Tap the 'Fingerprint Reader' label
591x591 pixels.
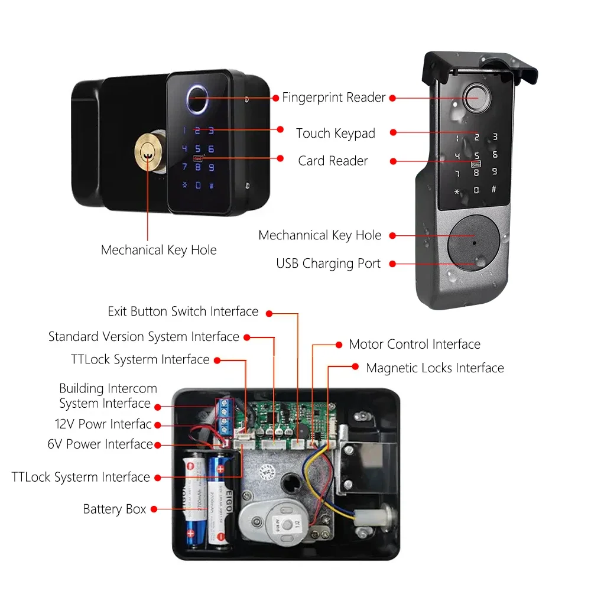coord(334,98)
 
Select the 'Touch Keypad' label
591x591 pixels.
coord(336,134)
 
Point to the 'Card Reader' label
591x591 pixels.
coord(333,161)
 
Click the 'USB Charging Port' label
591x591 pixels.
coord(329,264)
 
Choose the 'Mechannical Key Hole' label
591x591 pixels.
coord(320,235)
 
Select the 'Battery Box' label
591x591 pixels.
coord(115,509)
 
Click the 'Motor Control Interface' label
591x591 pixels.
coord(414,344)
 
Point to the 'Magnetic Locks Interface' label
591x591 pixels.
coord(435,368)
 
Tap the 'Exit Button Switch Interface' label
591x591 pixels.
coord(183,311)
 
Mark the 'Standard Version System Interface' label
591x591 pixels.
coord(144,337)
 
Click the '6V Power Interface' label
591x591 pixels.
coord(100,444)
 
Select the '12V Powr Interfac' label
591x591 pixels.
coord(103,424)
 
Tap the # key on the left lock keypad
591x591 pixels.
coord(211,186)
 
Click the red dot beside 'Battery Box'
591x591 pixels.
coord(154,509)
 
